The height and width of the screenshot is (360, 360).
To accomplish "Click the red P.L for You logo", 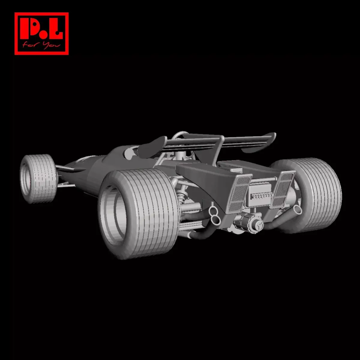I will pos(41,34).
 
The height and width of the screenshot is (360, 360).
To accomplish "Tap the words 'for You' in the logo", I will pos(41,46).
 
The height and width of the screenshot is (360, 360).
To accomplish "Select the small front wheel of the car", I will pos(38,179).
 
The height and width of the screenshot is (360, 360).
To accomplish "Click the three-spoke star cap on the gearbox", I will pos(257,225).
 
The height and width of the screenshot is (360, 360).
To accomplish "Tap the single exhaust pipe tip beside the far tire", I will pos(298,209).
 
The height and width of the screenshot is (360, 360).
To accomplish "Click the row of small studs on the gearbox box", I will pos(262,196).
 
